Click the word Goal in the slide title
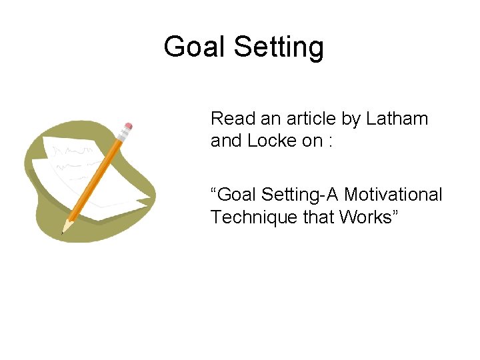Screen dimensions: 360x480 [193, 47]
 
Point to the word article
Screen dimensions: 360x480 [309, 119]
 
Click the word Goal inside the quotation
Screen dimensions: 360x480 [238, 195]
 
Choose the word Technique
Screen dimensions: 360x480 [249, 217]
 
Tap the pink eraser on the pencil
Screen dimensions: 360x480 [128, 125]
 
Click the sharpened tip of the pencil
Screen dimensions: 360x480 [64, 231]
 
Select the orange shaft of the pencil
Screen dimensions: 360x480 [97, 178]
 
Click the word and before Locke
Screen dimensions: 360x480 [225, 141]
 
